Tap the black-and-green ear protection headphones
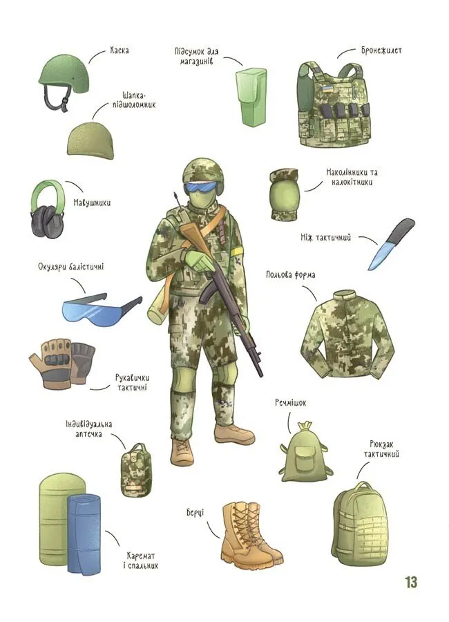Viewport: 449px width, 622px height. coord(47,209)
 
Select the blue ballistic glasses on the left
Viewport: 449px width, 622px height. coord(101,309)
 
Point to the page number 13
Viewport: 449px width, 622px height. coord(411,583)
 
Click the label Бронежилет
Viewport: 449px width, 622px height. coord(381,50)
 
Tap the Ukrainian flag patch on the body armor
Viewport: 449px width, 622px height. coord(327,88)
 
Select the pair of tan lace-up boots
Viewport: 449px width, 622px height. coord(251,532)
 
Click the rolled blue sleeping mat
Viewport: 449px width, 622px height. coord(84,533)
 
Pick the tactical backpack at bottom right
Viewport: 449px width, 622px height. coord(360,523)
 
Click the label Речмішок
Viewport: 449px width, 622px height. coord(290,403)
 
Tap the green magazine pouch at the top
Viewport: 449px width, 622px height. coord(251,96)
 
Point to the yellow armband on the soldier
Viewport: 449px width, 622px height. coord(238,251)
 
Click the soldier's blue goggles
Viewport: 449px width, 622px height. coord(202,187)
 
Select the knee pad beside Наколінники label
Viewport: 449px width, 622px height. coord(284,194)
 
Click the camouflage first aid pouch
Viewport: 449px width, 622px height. coord(136,471)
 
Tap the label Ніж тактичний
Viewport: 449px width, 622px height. coord(325,238)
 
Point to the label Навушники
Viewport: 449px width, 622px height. coord(92,202)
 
